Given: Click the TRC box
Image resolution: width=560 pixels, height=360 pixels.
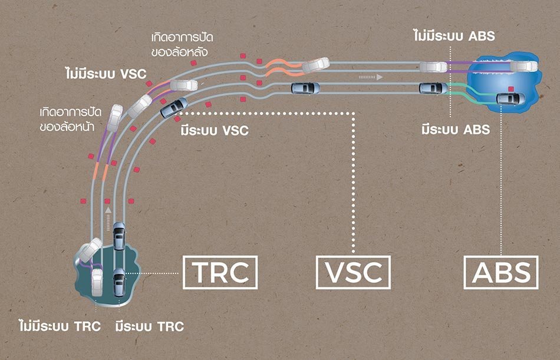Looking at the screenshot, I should point(220,272).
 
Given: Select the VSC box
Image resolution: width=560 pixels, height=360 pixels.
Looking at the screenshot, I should point(353,272).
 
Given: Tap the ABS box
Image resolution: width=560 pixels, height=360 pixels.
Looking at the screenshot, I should point(500,272).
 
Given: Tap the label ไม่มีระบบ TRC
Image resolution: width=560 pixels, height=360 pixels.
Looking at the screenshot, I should point(60,326).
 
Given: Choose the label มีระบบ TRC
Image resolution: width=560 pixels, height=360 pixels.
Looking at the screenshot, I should point(150,326).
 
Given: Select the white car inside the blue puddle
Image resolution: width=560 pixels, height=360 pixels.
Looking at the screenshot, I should point(523,66).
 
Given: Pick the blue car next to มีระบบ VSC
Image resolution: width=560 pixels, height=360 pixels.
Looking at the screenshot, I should point(174,107).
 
